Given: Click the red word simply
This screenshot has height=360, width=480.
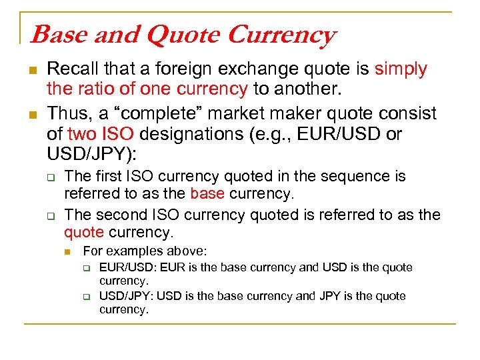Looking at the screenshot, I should (401, 69).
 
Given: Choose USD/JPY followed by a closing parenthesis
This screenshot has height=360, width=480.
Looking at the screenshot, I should (89, 153).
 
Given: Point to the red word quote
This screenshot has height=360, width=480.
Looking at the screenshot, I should (84, 233).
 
